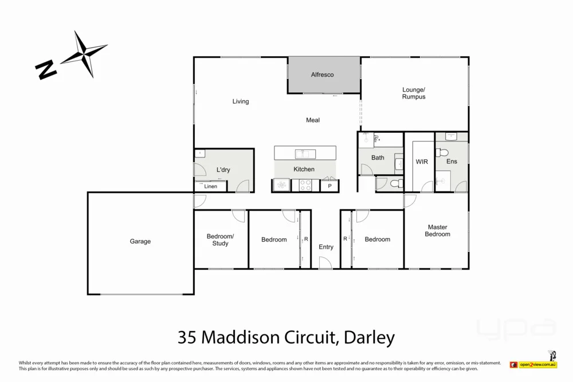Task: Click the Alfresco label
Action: (322, 74)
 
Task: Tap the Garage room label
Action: (140, 242)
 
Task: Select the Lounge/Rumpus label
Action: (414, 93)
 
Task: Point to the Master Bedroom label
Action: (437, 230)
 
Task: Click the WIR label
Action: (422, 162)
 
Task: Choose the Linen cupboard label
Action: (210, 187)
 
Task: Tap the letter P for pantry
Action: (329, 186)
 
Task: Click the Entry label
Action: (326, 247)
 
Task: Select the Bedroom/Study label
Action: (220, 240)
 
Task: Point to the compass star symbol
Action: (85, 54)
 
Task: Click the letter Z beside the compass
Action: (46, 69)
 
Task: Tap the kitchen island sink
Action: (305, 153)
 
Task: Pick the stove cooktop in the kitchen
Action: (304, 186)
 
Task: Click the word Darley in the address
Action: (370, 337)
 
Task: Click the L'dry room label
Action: (223, 170)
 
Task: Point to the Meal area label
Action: (313, 120)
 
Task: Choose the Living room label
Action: (241, 101)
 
